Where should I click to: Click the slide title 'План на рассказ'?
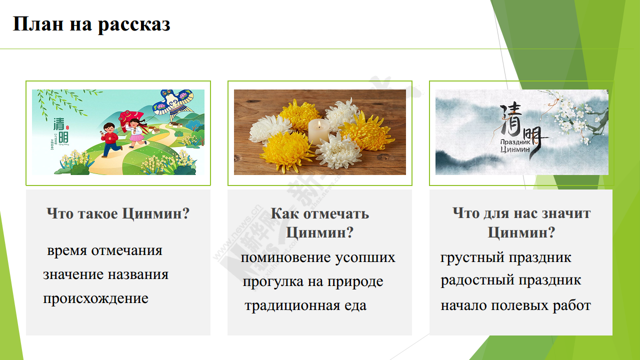coord(91,24)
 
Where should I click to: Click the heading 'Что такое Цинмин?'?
coord(118,213)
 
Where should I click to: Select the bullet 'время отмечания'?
coord(104,250)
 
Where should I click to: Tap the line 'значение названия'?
coord(105,274)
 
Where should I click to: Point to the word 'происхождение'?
coord(95,299)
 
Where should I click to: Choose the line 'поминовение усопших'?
coord(318,257)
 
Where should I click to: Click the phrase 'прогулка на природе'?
coord(313,281)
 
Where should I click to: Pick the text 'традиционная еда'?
coord(305,305)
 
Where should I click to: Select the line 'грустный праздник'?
coord(505,257)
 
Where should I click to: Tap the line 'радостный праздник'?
coord(510,280)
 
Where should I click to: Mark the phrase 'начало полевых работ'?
coord(515,305)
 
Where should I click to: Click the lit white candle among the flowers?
coord(318,131)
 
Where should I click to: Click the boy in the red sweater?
coord(110,139)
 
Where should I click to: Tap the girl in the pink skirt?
coord(136,133)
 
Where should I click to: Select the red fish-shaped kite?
coord(131,119)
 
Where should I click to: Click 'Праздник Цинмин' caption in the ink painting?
coord(515,145)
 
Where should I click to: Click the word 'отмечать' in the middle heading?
coord(335,213)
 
